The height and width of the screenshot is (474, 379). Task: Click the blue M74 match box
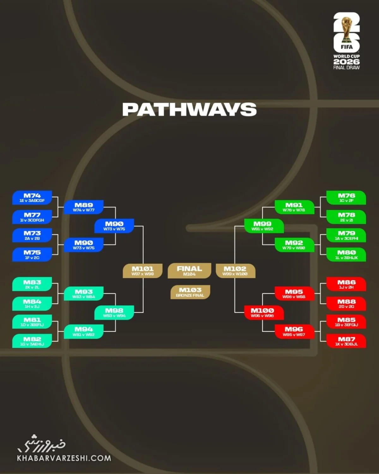32,197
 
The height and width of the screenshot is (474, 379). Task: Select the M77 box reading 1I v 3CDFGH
32,217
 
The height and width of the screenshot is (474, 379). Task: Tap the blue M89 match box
84,207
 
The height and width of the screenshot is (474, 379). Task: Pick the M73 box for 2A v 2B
32,235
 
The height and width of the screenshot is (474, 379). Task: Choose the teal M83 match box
32,284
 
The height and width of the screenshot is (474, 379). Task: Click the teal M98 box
114,313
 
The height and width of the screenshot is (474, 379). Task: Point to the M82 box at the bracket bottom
32,341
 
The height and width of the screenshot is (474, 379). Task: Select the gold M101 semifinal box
142,271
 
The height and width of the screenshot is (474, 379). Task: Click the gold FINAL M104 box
189,270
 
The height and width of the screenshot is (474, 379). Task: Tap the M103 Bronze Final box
190,292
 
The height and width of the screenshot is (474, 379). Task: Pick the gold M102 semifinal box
235,271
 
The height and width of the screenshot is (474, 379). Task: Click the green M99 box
264,226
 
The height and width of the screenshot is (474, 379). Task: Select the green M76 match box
346,197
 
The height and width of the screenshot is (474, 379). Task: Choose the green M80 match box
346,254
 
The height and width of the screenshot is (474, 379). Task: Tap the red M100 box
264,313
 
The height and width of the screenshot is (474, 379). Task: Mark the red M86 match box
346,284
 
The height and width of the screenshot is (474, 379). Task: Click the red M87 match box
346,341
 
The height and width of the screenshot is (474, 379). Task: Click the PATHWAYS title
189,109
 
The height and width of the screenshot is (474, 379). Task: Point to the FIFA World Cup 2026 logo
346,41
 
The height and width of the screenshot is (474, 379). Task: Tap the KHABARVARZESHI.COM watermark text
64,458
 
